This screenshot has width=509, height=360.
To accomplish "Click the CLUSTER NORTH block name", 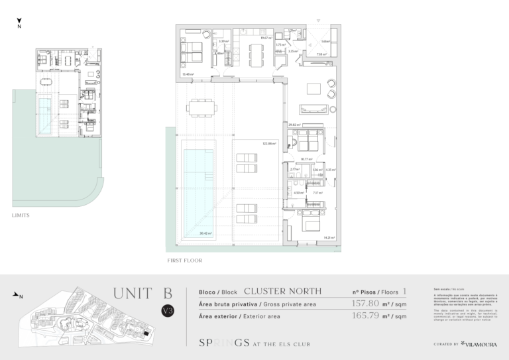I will pyautogui.click(x=283, y=291).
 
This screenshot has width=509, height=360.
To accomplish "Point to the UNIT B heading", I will pyautogui.click(x=142, y=292).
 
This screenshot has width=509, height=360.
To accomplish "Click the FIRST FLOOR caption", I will pyautogui.click(x=185, y=261).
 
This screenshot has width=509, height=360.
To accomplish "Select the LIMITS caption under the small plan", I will pyautogui.click(x=21, y=215).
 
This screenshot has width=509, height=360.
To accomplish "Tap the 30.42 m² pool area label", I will pyautogui.click(x=207, y=233).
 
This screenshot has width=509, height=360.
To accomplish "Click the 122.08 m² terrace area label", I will pyautogui.click(x=268, y=143).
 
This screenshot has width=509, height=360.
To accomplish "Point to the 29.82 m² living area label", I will pyautogui.click(x=295, y=125).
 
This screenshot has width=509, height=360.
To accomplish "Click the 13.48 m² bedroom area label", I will pyautogui.click(x=188, y=74).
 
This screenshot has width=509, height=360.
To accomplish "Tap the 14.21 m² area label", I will pyautogui.click(x=327, y=237).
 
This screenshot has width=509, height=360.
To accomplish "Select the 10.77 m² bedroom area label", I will pyautogui.click(x=306, y=159).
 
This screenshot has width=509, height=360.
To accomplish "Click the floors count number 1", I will pyautogui.click(x=404, y=291).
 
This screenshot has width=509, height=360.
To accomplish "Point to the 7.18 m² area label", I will pyautogui.click(x=321, y=55).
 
